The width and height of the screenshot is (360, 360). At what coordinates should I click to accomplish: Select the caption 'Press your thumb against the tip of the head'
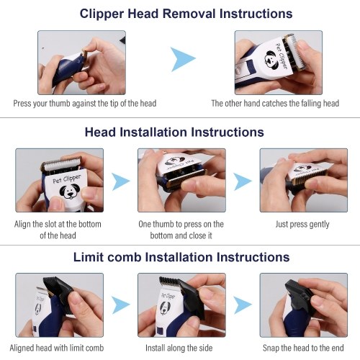point(85,104)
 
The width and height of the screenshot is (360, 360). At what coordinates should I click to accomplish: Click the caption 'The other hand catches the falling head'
point(275,104)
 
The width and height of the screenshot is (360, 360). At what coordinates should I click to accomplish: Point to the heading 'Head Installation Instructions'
point(174,132)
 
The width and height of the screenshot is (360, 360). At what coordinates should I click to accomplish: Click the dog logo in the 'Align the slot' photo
point(70,191)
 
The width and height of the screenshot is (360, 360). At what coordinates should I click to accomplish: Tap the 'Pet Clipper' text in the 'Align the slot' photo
point(67,179)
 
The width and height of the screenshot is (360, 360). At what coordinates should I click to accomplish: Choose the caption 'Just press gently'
point(302,225)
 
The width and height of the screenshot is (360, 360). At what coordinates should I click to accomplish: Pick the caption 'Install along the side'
point(179,348)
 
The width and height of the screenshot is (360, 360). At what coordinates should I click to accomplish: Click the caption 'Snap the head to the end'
point(303,348)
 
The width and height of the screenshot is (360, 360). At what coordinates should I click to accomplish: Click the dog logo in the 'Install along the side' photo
point(166,308)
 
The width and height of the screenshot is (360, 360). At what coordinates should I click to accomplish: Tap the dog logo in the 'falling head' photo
point(271,60)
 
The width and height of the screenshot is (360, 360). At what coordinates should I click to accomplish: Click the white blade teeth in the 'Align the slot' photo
point(61,163)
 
